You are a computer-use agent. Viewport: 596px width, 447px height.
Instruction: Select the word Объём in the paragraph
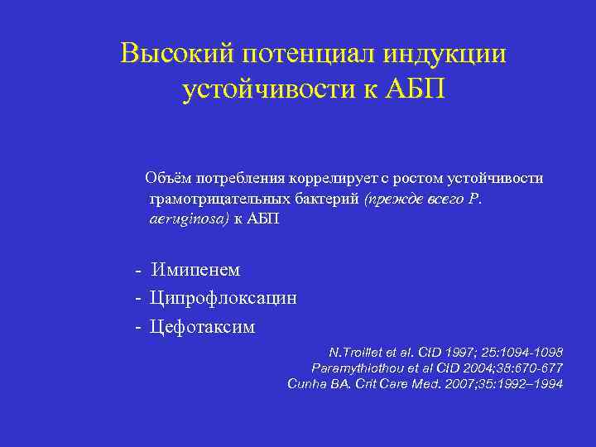click(169, 178)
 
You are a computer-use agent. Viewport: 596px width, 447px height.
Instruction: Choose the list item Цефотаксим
click(203, 327)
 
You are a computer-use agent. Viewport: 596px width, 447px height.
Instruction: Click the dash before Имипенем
click(138, 270)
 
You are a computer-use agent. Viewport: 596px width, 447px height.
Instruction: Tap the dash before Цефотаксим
click(138, 327)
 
